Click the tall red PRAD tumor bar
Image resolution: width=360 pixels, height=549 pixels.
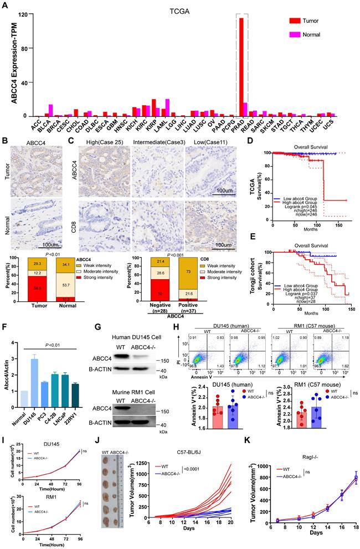coord(241,66)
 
